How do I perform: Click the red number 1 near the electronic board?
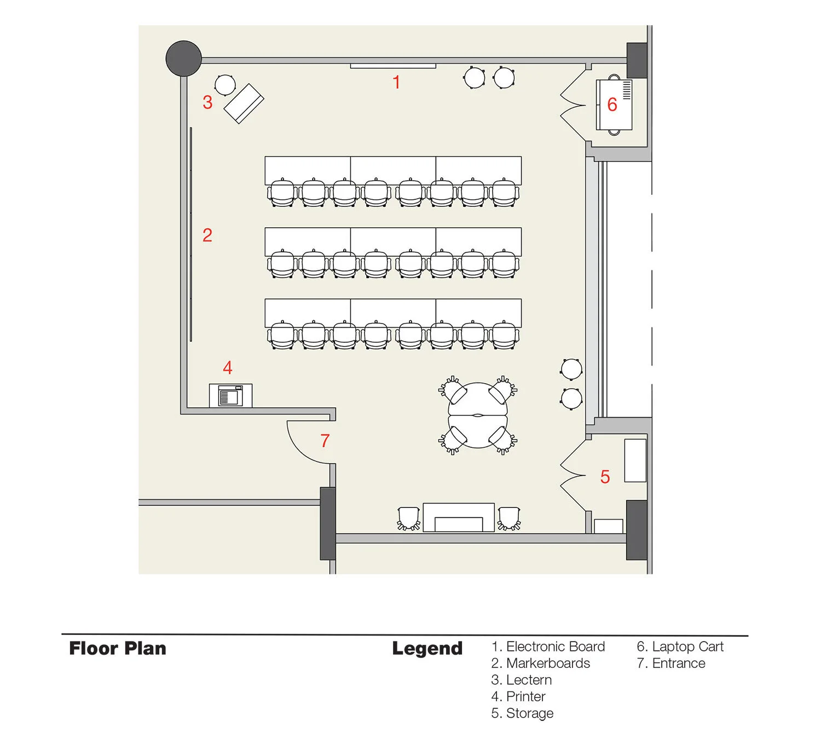click(396, 83)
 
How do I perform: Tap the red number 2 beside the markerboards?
click(207, 235)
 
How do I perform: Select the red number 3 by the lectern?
click(207, 102)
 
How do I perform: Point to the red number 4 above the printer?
click(228, 368)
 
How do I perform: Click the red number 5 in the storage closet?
click(605, 477)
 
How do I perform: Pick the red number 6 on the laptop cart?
click(612, 105)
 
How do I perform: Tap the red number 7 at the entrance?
click(325, 441)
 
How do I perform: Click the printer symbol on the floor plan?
click(230, 395)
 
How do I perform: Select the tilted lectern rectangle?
click(244, 103)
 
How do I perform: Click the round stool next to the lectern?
click(225, 85)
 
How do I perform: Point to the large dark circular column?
click(184, 58)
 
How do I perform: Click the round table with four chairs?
click(478, 415)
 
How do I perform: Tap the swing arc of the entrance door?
click(300, 446)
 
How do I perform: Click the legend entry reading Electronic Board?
click(548, 646)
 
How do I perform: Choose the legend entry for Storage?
click(522, 713)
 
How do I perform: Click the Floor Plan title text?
click(118, 649)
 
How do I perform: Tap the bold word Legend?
click(427, 649)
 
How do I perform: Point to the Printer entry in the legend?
click(518, 696)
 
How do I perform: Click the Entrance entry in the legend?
click(671, 663)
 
